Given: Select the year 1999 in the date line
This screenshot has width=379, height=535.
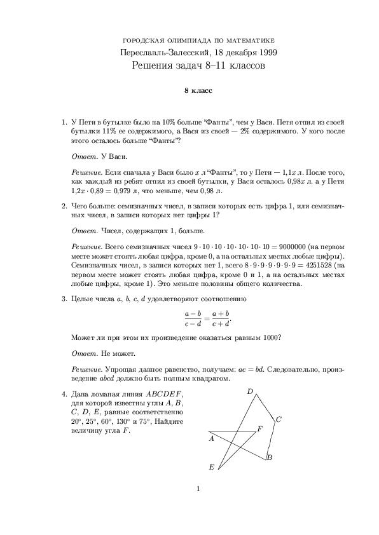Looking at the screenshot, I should [x=265, y=53].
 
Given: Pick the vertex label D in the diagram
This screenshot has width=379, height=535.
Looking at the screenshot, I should [x=251, y=391].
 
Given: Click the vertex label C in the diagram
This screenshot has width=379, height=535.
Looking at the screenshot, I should [x=279, y=419].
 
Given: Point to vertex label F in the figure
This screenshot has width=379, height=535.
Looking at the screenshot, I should [x=259, y=430].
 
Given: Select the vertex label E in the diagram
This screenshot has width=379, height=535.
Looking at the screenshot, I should [x=212, y=466].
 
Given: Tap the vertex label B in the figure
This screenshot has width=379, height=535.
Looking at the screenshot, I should [x=270, y=457].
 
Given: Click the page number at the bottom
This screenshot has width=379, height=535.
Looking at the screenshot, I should [x=198, y=506].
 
